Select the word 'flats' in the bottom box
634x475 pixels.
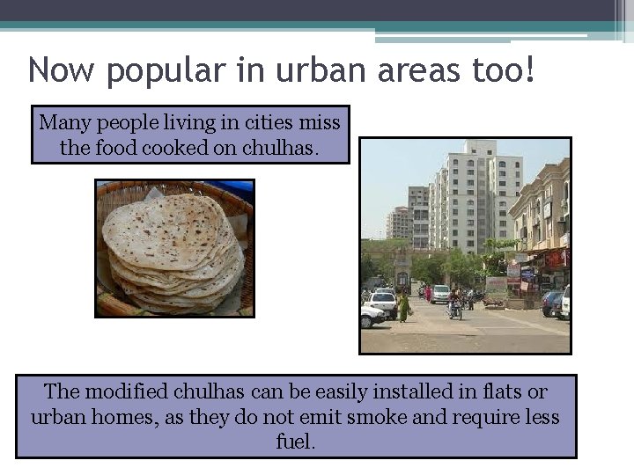click(498, 391)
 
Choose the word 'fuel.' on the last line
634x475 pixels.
click(296, 441)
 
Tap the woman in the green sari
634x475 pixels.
click(404, 307)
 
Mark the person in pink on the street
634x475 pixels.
click(428, 294)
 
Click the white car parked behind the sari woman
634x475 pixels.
click(382, 303)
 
